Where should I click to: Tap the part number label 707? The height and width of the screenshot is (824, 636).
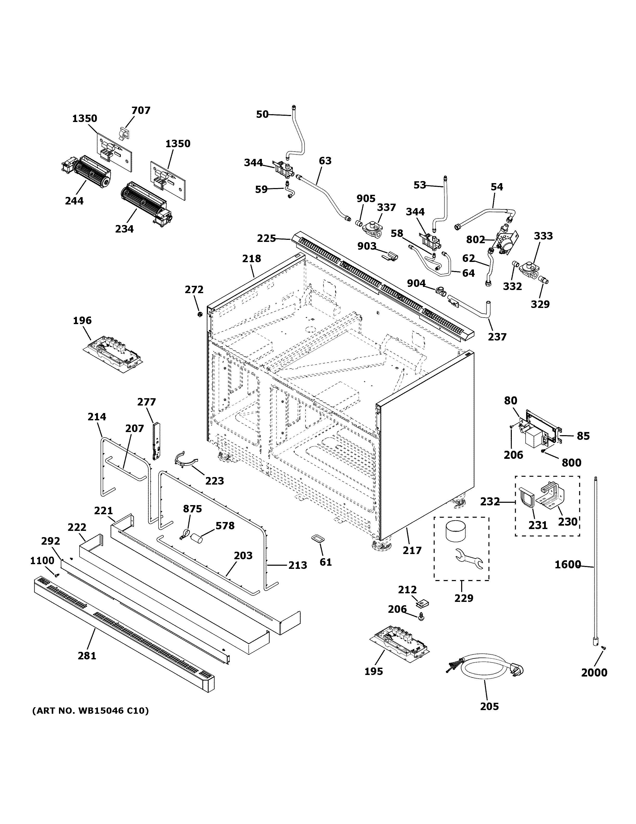(x=141, y=111)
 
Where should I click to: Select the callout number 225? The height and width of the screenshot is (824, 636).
(x=266, y=239)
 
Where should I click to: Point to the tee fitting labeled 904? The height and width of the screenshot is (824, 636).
(x=440, y=291)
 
